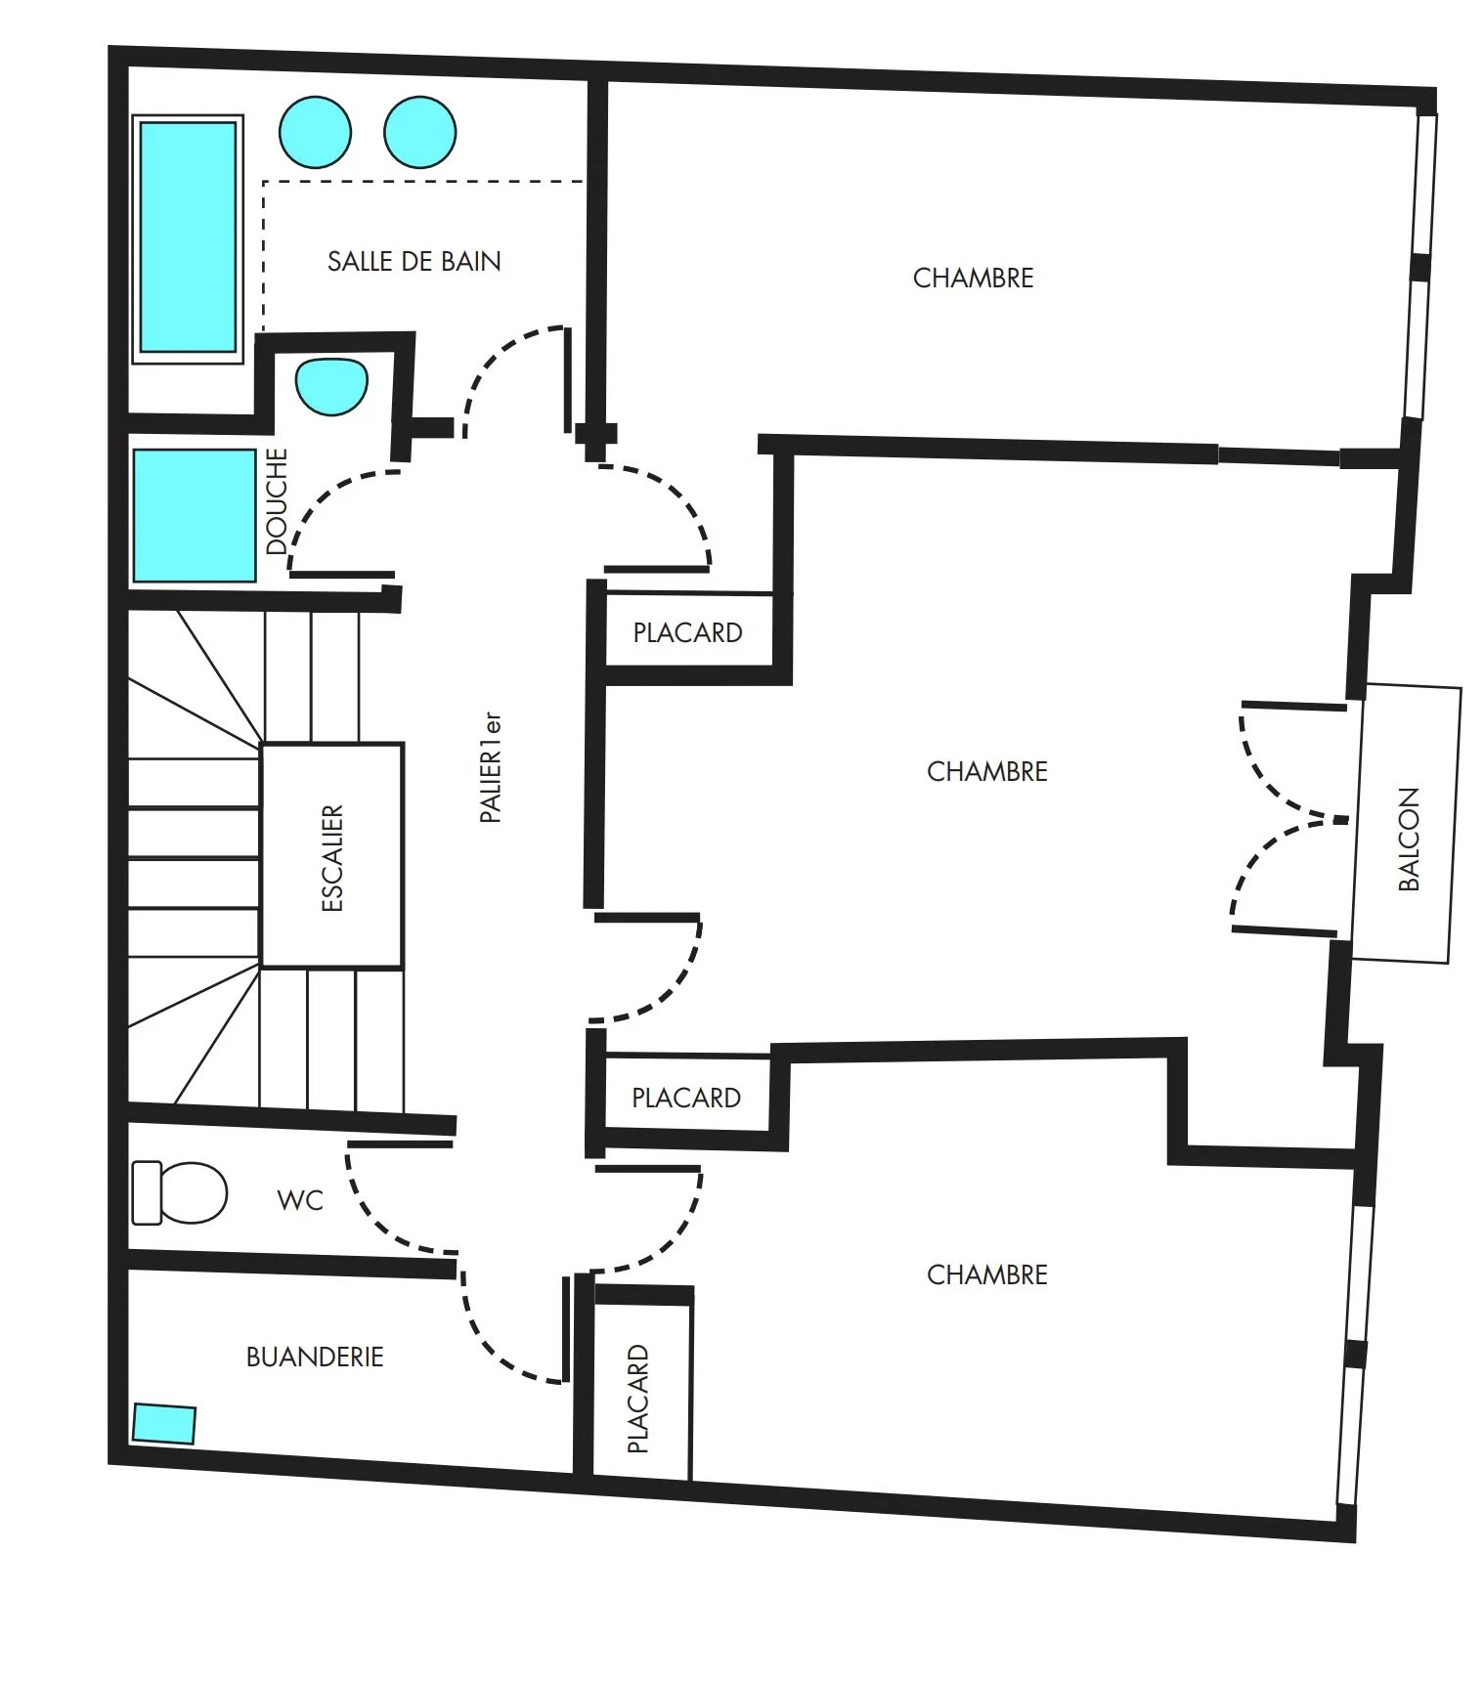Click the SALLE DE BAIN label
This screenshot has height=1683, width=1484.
click(x=414, y=261)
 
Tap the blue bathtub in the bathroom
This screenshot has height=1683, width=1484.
click(x=188, y=237)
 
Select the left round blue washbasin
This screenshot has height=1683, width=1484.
click(x=315, y=132)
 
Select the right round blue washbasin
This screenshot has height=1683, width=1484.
click(x=419, y=132)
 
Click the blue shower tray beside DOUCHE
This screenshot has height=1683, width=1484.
click(x=194, y=515)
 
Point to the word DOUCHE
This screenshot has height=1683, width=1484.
click(x=278, y=501)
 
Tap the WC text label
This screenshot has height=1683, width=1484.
click(x=300, y=1200)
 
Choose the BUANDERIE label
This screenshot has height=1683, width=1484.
click(x=314, y=1357)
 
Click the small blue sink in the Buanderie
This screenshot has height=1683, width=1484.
click(x=164, y=1423)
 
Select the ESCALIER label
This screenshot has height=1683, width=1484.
click(x=332, y=858)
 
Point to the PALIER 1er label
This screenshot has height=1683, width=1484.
click(x=491, y=768)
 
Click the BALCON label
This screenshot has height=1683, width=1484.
click(x=1408, y=839)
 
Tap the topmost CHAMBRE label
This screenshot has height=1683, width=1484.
click(x=973, y=279)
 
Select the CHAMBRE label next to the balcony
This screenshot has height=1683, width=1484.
click(x=986, y=771)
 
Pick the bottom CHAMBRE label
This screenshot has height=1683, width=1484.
click(x=986, y=1274)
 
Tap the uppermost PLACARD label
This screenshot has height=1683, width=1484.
click(x=687, y=632)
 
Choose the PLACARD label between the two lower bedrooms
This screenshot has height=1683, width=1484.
click(x=685, y=1098)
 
